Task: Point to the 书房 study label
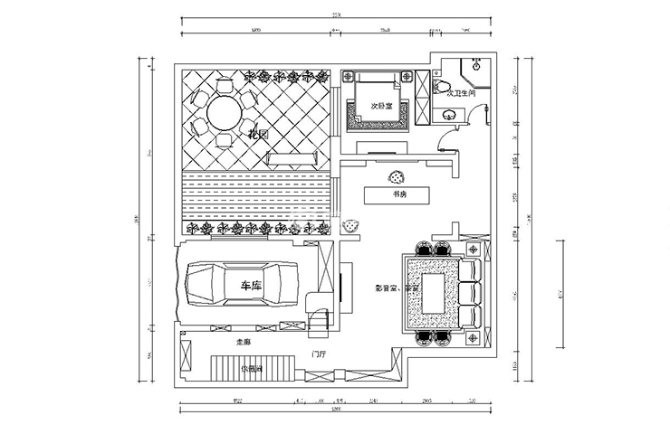click(x=397, y=194)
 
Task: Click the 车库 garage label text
click(x=251, y=286)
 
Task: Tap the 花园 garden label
click(x=260, y=136)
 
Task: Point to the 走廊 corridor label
click(x=243, y=343)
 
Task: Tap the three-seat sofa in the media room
click(x=471, y=294)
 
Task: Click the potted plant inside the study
click(x=395, y=177)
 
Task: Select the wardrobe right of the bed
click(x=424, y=97)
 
